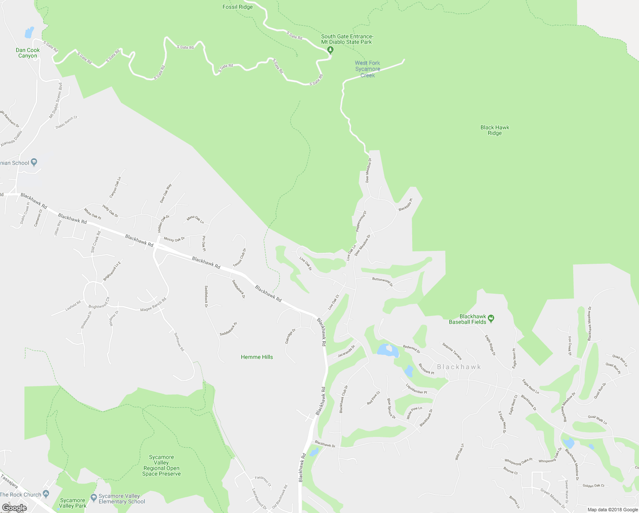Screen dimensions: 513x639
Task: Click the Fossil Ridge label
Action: coord(237,7)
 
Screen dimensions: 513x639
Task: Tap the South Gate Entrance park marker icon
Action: coord(330,50)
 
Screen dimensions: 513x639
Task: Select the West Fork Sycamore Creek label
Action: coord(367,69)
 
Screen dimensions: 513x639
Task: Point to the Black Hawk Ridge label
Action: coord(495,130)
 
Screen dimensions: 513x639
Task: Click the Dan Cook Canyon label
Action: coord(28,53)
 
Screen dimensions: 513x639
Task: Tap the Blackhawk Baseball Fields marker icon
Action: coord(491,318)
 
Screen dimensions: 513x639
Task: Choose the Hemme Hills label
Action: coord(257,357)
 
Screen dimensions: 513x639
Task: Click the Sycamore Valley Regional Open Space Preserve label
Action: coord(161,466)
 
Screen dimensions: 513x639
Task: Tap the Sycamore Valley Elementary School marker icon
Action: coord(94,499)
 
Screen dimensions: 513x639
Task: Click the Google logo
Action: coord(14,508)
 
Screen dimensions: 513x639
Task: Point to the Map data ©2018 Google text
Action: coord(613,510)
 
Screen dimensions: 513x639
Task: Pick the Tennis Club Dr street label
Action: coord(240,258)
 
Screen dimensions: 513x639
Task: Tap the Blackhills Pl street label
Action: coord(405,205)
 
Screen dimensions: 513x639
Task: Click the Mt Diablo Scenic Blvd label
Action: coord(56,101)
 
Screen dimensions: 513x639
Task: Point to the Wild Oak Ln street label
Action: coord(460,451)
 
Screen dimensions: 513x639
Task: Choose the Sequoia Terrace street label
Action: coord(452,351)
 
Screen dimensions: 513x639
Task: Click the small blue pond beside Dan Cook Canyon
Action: coord(29,32)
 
